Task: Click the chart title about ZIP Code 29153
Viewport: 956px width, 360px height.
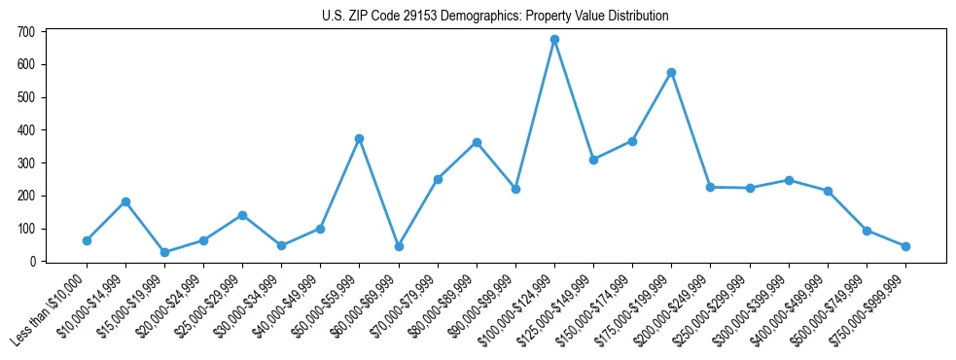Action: (495, 17)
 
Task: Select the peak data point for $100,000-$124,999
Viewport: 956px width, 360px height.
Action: (554, 40)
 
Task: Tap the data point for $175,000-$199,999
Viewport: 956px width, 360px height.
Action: (671, 73)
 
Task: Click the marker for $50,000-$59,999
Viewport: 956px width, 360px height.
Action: (359, 139)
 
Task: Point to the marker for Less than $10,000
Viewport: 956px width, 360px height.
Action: (87, 240)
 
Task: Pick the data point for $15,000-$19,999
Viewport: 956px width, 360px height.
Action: (164, 253)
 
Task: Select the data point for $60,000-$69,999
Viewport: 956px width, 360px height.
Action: (399, 247)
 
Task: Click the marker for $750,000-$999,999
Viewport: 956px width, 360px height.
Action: (905, 247)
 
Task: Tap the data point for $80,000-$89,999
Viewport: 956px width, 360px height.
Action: (477, 143)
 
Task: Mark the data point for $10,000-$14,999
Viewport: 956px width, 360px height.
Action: (125, 202)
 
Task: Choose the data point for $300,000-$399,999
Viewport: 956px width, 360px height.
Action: (789, 180)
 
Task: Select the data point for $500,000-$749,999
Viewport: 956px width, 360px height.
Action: (867, 232)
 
